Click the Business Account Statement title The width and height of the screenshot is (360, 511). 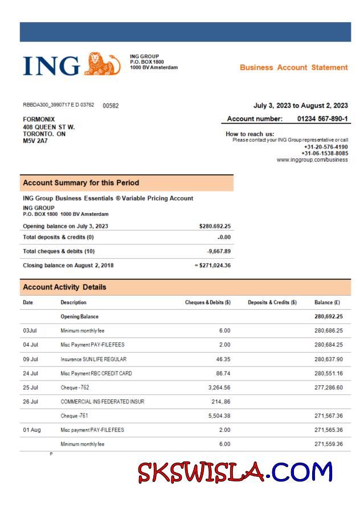pyautogui.click(x=293, y=67)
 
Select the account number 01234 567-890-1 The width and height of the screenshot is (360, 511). pyautogui.click(x=322, y=118)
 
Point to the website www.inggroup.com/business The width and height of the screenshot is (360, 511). pyautogui.click(x=312, y=160)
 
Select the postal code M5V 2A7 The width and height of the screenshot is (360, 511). pyautogui.click(x=35, y=140)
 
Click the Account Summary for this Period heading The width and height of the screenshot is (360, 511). pyautogui.click(x=81, y=183)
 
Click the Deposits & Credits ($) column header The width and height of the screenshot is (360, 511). pyautogui.click(x=272, y=302)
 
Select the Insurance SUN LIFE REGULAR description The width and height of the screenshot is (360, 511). pyautogui.click(x=93, y=360)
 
